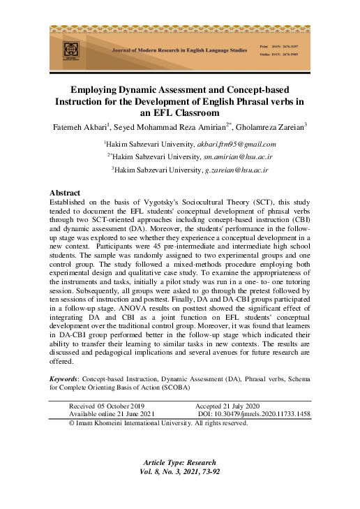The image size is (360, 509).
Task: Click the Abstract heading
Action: pos(65,192)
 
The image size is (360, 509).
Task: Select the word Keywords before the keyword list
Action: pos(63,379)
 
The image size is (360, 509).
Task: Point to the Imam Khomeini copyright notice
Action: pos(158,423)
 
